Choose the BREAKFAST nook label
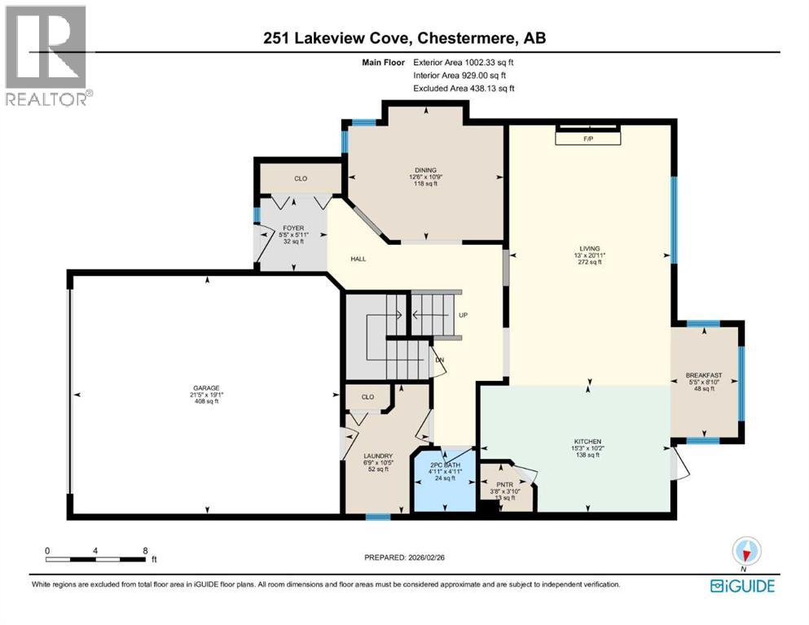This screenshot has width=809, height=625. click(704, 375)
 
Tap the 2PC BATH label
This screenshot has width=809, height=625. click(445, 465)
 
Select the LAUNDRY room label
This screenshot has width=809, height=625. click(378, 456)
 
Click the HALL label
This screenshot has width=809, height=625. click(358, 259)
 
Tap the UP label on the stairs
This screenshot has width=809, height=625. click(463, 316)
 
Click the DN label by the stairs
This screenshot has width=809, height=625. click(439, 359)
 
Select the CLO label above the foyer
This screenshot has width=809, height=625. click(301, 178)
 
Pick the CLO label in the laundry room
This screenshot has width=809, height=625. click(367, 397)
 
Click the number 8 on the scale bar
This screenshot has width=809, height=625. click(145, 550)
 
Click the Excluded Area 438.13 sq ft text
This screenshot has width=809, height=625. click(464, 88)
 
